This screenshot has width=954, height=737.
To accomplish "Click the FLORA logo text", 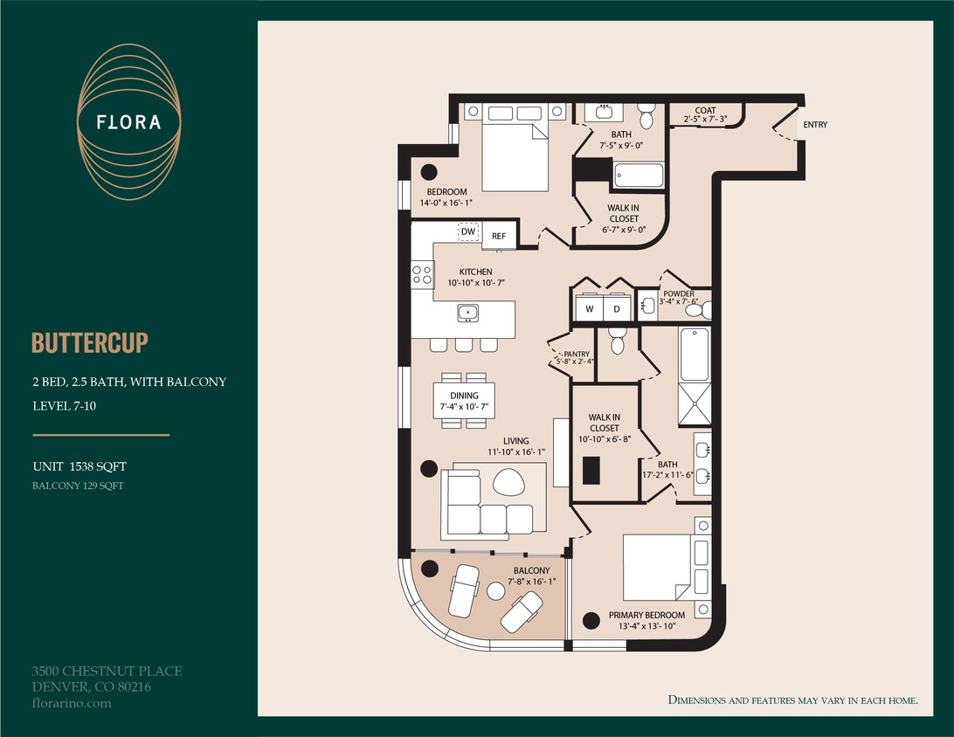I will (x=129, y=122).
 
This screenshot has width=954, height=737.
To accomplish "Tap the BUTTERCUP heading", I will (x=90, y=342).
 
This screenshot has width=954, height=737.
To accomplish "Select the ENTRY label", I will (x=815, y=125).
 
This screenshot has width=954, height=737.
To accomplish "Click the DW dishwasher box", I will (x=468, y=231).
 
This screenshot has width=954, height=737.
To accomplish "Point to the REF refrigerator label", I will (x=499, y=236).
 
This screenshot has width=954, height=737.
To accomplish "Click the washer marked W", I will (x=590, y=309).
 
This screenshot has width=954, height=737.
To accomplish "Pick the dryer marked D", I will (x=616, y=309).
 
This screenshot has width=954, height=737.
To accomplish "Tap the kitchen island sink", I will (x=467, y=312).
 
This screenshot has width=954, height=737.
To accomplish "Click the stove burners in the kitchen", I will (x=423, y=275).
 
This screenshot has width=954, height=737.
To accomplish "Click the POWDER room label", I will (x=679, y=294).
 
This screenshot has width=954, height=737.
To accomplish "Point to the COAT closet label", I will (x=705, y=111).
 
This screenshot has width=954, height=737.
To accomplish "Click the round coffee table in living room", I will (x=508, y=481).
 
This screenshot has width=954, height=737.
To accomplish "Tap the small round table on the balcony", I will (x=495, y=591).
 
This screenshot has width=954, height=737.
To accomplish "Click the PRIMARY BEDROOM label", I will (x=646, y=616).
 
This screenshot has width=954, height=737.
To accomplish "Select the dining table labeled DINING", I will (x=464, y=401).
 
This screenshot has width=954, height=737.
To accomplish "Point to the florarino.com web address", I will (x=72, y=703).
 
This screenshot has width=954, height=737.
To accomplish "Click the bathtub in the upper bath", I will (x=638, y=176).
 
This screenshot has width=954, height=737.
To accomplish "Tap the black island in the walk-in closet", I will (x=591, y=470).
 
